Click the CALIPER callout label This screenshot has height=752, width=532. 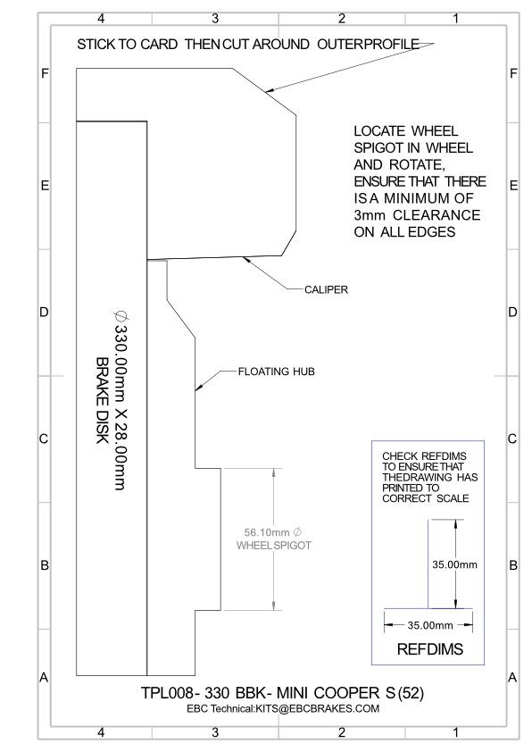pos(326,289)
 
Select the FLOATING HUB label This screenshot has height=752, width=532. pos(277,372)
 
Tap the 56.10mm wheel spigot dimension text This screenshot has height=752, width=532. pos(267,532)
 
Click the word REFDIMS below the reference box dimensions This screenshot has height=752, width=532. pos(430,649)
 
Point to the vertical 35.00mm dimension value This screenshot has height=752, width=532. pos(454,564)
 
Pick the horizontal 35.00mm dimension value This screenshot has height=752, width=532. pos(430,625)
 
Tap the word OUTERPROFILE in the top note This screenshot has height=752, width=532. pos(368,44)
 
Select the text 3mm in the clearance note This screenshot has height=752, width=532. pos(369,215)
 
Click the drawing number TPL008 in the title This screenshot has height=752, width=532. pos(167,693)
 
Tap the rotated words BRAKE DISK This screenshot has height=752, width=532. pos(102,400)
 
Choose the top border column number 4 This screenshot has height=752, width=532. pos(101,18)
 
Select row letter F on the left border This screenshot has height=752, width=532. pos(45,73)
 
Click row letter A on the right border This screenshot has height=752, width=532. pos(512,678)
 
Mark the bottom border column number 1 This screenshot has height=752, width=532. pos(456,732)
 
